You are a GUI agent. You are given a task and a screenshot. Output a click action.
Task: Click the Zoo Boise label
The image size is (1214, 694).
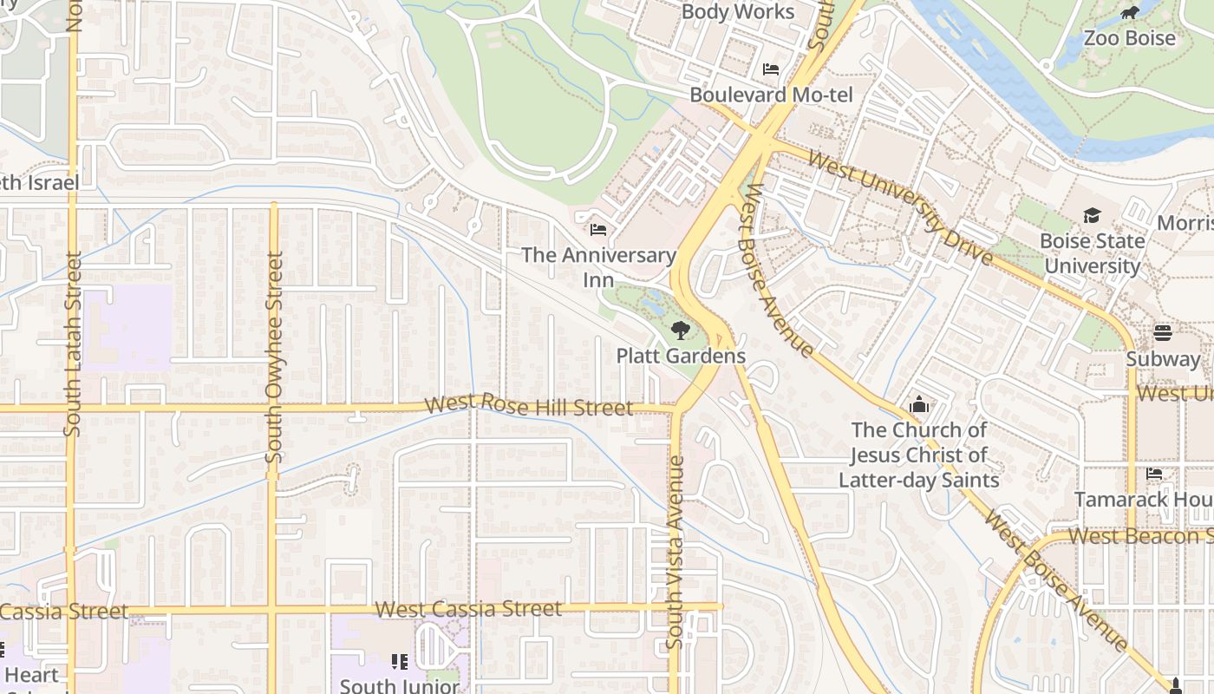click(x=1129, y=38)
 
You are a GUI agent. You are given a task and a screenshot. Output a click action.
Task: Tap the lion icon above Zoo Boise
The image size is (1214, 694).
click(x=1129, y=12)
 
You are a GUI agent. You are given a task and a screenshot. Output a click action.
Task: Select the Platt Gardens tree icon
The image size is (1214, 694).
click(x=681, y=330)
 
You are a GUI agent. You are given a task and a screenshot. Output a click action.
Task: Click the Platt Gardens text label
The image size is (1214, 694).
click(x=681, y=356)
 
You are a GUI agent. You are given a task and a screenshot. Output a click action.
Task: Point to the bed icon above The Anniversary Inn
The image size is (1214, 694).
click(x=598, y=230)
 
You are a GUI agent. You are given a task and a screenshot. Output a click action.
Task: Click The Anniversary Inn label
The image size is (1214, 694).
click(x=598, y=267)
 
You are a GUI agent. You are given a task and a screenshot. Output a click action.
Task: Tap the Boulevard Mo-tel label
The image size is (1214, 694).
click(x=771, y=95)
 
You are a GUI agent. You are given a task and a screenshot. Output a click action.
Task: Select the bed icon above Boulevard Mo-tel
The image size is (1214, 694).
click(x=771, y=69)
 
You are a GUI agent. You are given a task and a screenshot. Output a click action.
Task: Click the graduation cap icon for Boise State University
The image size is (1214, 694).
click(x=1092, y=215)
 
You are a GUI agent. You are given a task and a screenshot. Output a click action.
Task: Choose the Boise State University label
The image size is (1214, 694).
click(x=1092, y=253)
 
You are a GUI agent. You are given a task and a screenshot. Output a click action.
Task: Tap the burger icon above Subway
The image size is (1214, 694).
click(x=1163, y=333)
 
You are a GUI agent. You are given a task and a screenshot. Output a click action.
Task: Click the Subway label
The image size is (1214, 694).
click(x=1163, y=359)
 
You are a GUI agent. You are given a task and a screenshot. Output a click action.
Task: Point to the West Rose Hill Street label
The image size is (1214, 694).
click(x=529, y=405)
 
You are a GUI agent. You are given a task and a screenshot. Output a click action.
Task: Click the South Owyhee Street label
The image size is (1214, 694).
click(x=275, y=357)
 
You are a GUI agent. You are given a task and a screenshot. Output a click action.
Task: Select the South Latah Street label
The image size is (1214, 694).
click(x=73, y=344)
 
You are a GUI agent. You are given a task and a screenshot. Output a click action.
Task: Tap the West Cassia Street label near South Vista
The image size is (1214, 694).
click(x=468, y=609)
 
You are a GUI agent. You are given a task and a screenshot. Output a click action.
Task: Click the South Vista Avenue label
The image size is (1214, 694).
click(x=675, y=552)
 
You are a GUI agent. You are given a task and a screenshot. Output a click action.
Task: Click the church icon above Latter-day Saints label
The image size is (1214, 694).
click(x=918, y=405)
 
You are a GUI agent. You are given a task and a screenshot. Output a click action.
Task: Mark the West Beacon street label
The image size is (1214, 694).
click(x=1139, y=536)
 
